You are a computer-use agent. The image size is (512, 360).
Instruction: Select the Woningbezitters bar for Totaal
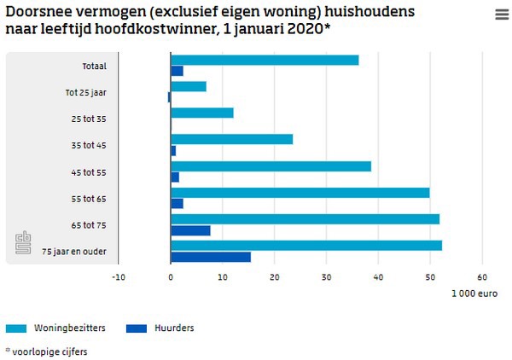pos(265,60)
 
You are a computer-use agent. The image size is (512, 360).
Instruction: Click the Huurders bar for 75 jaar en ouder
pos(211,257)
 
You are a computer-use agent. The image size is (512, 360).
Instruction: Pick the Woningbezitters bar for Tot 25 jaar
pos(189,86)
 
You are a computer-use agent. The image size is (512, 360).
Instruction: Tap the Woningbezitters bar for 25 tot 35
pos(202,113)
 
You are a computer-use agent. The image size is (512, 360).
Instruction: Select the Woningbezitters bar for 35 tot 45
pos(232,139)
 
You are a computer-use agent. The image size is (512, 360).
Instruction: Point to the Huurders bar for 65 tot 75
pos(190,230)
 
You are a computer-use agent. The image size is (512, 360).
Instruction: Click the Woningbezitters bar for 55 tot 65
pos(300,192)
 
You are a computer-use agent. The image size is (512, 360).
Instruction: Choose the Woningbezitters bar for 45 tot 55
pos(271,165)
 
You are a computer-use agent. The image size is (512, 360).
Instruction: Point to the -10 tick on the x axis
pos(119,276)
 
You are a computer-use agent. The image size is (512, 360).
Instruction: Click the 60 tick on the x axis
pos(481,276)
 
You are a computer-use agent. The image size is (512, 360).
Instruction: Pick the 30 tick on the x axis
pos(326,276)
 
